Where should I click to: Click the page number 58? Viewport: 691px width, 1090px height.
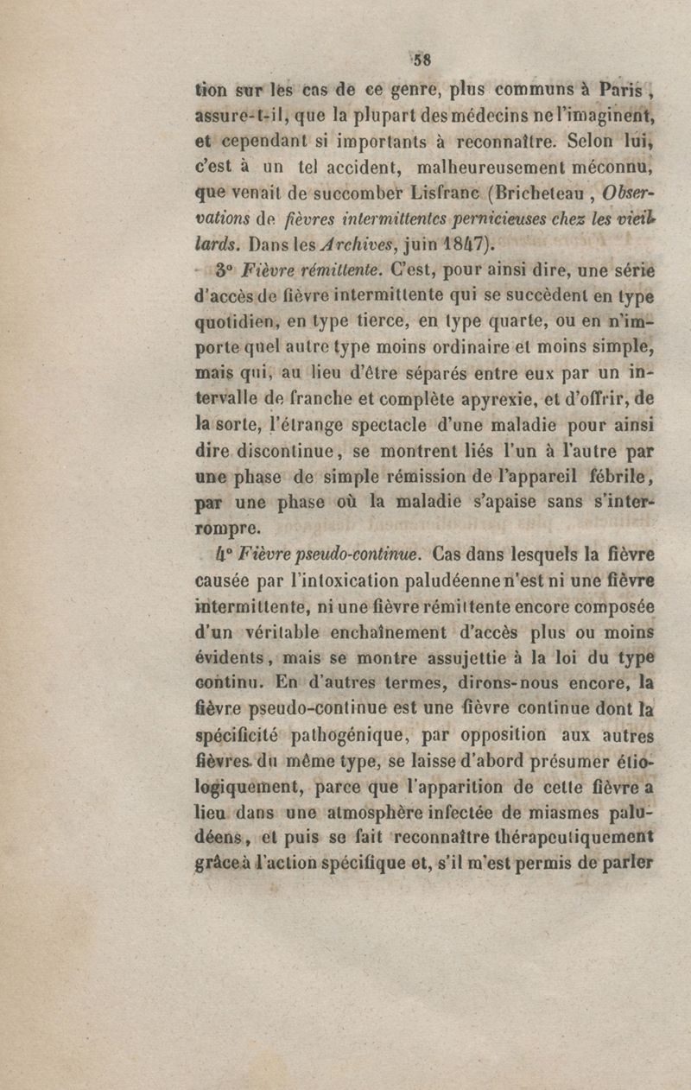point(422,60)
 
